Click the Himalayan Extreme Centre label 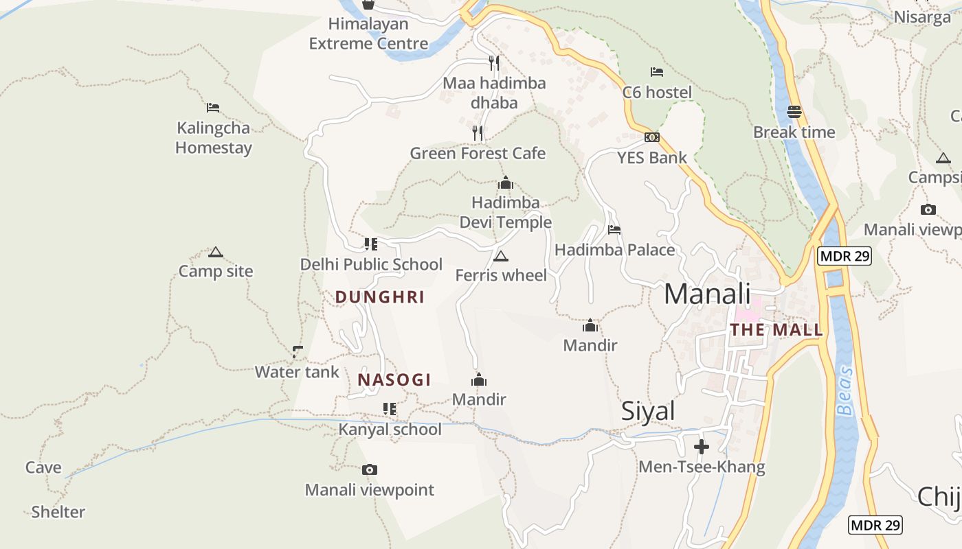click(x=368, y=34)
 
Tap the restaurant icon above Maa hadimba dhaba click(x=494, y=63)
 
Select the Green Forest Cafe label click(x=478, y=153)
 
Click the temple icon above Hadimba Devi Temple click(x=506, y=183)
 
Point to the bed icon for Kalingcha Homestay click(x=213, y=108)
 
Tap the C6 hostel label click(x=657, y=92)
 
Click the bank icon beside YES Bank click(x=652, y=137)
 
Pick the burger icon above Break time click(x=794, y=112)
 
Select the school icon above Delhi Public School click(x=371, y=244)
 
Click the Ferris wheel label click(x=501, y=275)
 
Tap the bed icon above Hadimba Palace click(x=614, y=230)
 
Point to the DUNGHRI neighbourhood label click(x=379, y=297)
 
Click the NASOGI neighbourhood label click(x=394, y=379)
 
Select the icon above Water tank click(x=298, y=352)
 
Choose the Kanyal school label click(x=390, y=430)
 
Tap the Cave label click(x=43, y=467)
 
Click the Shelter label click(x=58, y=512)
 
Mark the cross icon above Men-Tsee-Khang click(x=702, y=447)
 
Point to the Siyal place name click(x=648, y=410)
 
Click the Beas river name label click(x=844, y=391)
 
